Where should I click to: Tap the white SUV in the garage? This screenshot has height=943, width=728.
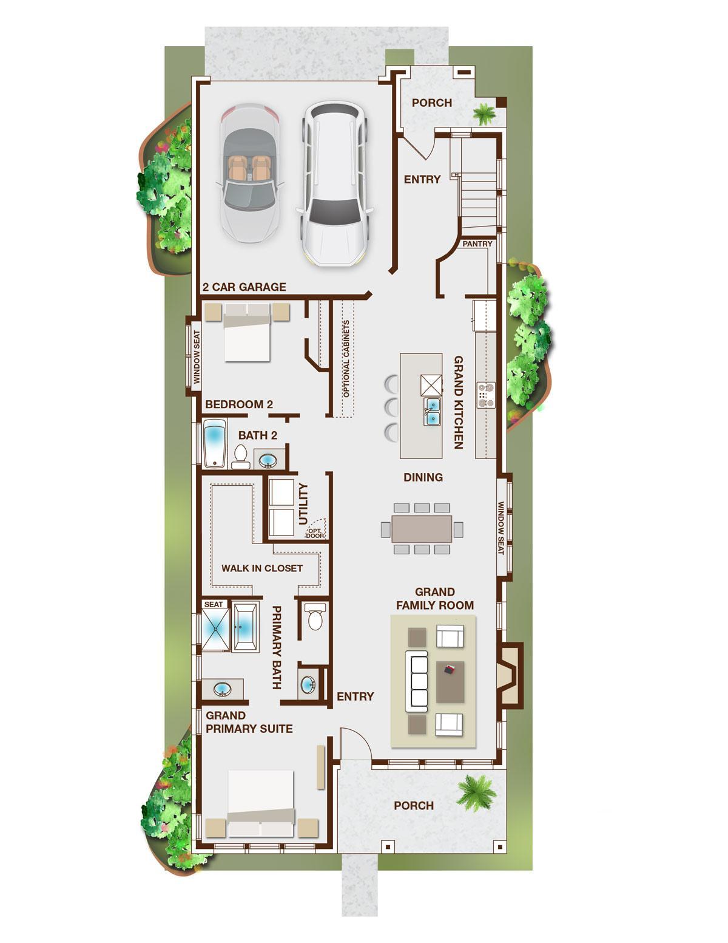(x=335, y=183)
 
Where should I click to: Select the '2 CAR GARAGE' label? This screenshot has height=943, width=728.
(x=244, y=287)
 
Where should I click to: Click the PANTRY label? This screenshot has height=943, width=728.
(x=477, y=244)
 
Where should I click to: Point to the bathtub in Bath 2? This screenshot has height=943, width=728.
(x=215, y=443)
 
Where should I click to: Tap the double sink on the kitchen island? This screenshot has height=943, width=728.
(x=431, y=411)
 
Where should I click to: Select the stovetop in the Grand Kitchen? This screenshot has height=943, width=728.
(x=485, y=395)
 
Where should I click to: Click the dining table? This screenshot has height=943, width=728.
(x=422, y=528)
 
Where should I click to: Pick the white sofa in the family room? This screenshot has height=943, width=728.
(x=416, y=681)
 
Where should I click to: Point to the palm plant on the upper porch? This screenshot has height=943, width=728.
(x=484, y=114)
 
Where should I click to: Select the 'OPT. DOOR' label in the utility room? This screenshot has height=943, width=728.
(x=315, y=533)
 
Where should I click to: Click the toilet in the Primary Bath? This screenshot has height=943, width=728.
(x=315, y=617)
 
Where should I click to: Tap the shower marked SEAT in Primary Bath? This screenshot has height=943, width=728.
(x=215, y=629)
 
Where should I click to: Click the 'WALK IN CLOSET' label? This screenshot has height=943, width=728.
(x=262, y=568)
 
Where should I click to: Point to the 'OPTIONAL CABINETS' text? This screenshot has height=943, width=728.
(x=346, y=359)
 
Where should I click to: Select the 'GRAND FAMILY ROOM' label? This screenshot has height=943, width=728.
(x=435, y=599)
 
